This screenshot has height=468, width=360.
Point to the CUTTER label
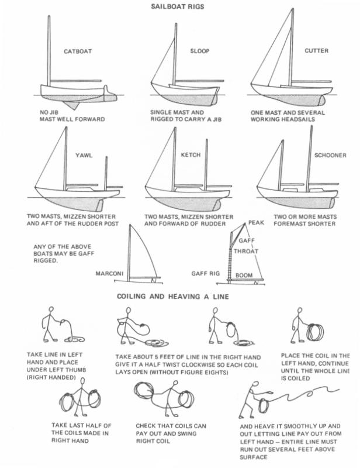[x=317, y=51]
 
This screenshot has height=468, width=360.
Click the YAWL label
[x=84, y=156]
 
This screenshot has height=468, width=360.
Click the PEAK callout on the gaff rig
[x=256, y=223]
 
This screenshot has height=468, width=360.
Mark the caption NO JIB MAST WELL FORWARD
[x=72, y=115]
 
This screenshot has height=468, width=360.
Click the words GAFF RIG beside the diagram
[x=205, y=273]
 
